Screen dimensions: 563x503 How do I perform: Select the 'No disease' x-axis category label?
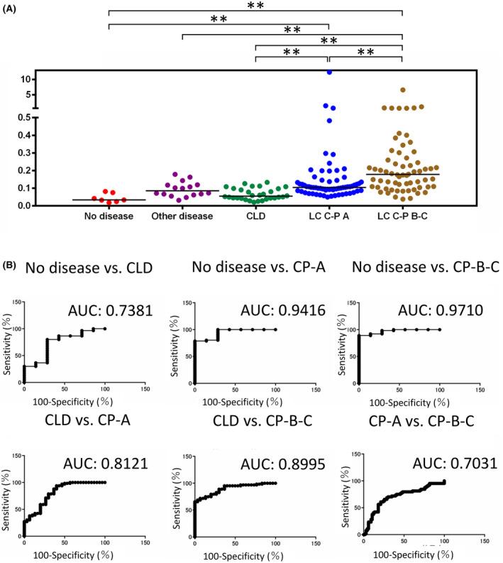pos(109,217)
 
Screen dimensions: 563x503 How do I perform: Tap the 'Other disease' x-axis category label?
pos(182,217)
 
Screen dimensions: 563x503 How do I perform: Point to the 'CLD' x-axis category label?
pos(255,217)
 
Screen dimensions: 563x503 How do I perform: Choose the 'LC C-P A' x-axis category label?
pos(328,217)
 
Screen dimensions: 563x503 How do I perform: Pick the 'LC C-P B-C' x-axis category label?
pos(402,217)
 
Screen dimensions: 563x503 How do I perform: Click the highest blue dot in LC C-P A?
pos(328,72)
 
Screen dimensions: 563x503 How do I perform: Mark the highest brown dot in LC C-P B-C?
pos(402,90)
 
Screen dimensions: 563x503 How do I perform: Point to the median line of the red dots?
pos(109,199)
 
